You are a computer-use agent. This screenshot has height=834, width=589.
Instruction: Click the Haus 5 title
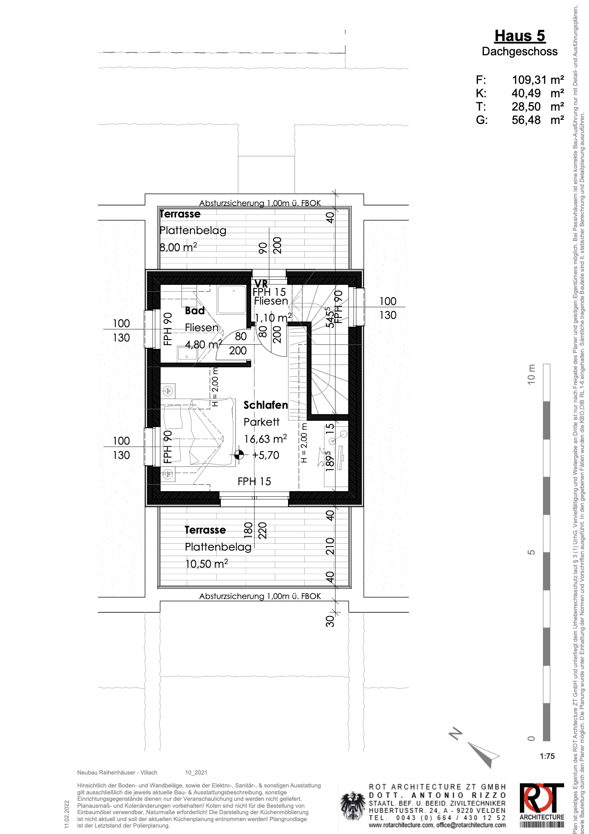pyautogui.click(x=519, y=36)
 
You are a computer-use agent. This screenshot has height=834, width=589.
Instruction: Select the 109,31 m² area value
pyautogui.click(x=537, y=80)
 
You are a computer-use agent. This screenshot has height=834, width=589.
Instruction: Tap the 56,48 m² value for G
pyautogui.click(x=537, y=120)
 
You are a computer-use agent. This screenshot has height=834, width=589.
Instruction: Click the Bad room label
pyautogui.click(x=194, y=311)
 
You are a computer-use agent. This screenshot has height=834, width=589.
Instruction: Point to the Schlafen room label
pyautogui.click(x=265, y=405)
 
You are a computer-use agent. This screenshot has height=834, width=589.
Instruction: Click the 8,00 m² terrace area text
pyautogui.click(x=178, y=247)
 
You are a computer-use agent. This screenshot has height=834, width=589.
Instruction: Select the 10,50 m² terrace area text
pyautogui.click(x=206, y=564)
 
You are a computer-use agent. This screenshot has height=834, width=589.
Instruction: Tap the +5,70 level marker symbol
pyautogui.click(x=239, y=455)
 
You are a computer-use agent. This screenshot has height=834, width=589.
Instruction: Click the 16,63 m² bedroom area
pyautogui.click(x=265, y=439)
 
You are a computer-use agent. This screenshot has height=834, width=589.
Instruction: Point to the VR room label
pyautogui.click(x=261, y=283)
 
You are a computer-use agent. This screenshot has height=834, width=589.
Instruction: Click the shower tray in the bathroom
pyautogui.click(x=232, y=300)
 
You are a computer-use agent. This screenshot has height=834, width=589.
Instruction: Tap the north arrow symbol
pyautogui.click(x=482, y=753)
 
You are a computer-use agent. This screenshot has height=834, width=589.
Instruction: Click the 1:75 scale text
pyautogui.click(x=547, y=756)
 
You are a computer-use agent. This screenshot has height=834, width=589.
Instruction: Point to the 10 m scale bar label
pyautogui.click(x=531, y=374)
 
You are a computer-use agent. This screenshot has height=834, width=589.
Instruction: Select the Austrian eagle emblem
pyautogui.click(x=353, y=806)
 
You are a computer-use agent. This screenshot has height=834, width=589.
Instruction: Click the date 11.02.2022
pyautogui.click(x=67, y=814)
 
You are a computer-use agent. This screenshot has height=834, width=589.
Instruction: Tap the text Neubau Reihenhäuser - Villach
pyautogui.click(x=117, y=773)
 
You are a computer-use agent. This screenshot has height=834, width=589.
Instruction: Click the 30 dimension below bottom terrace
pyautogui.click(x=330, y=621)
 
